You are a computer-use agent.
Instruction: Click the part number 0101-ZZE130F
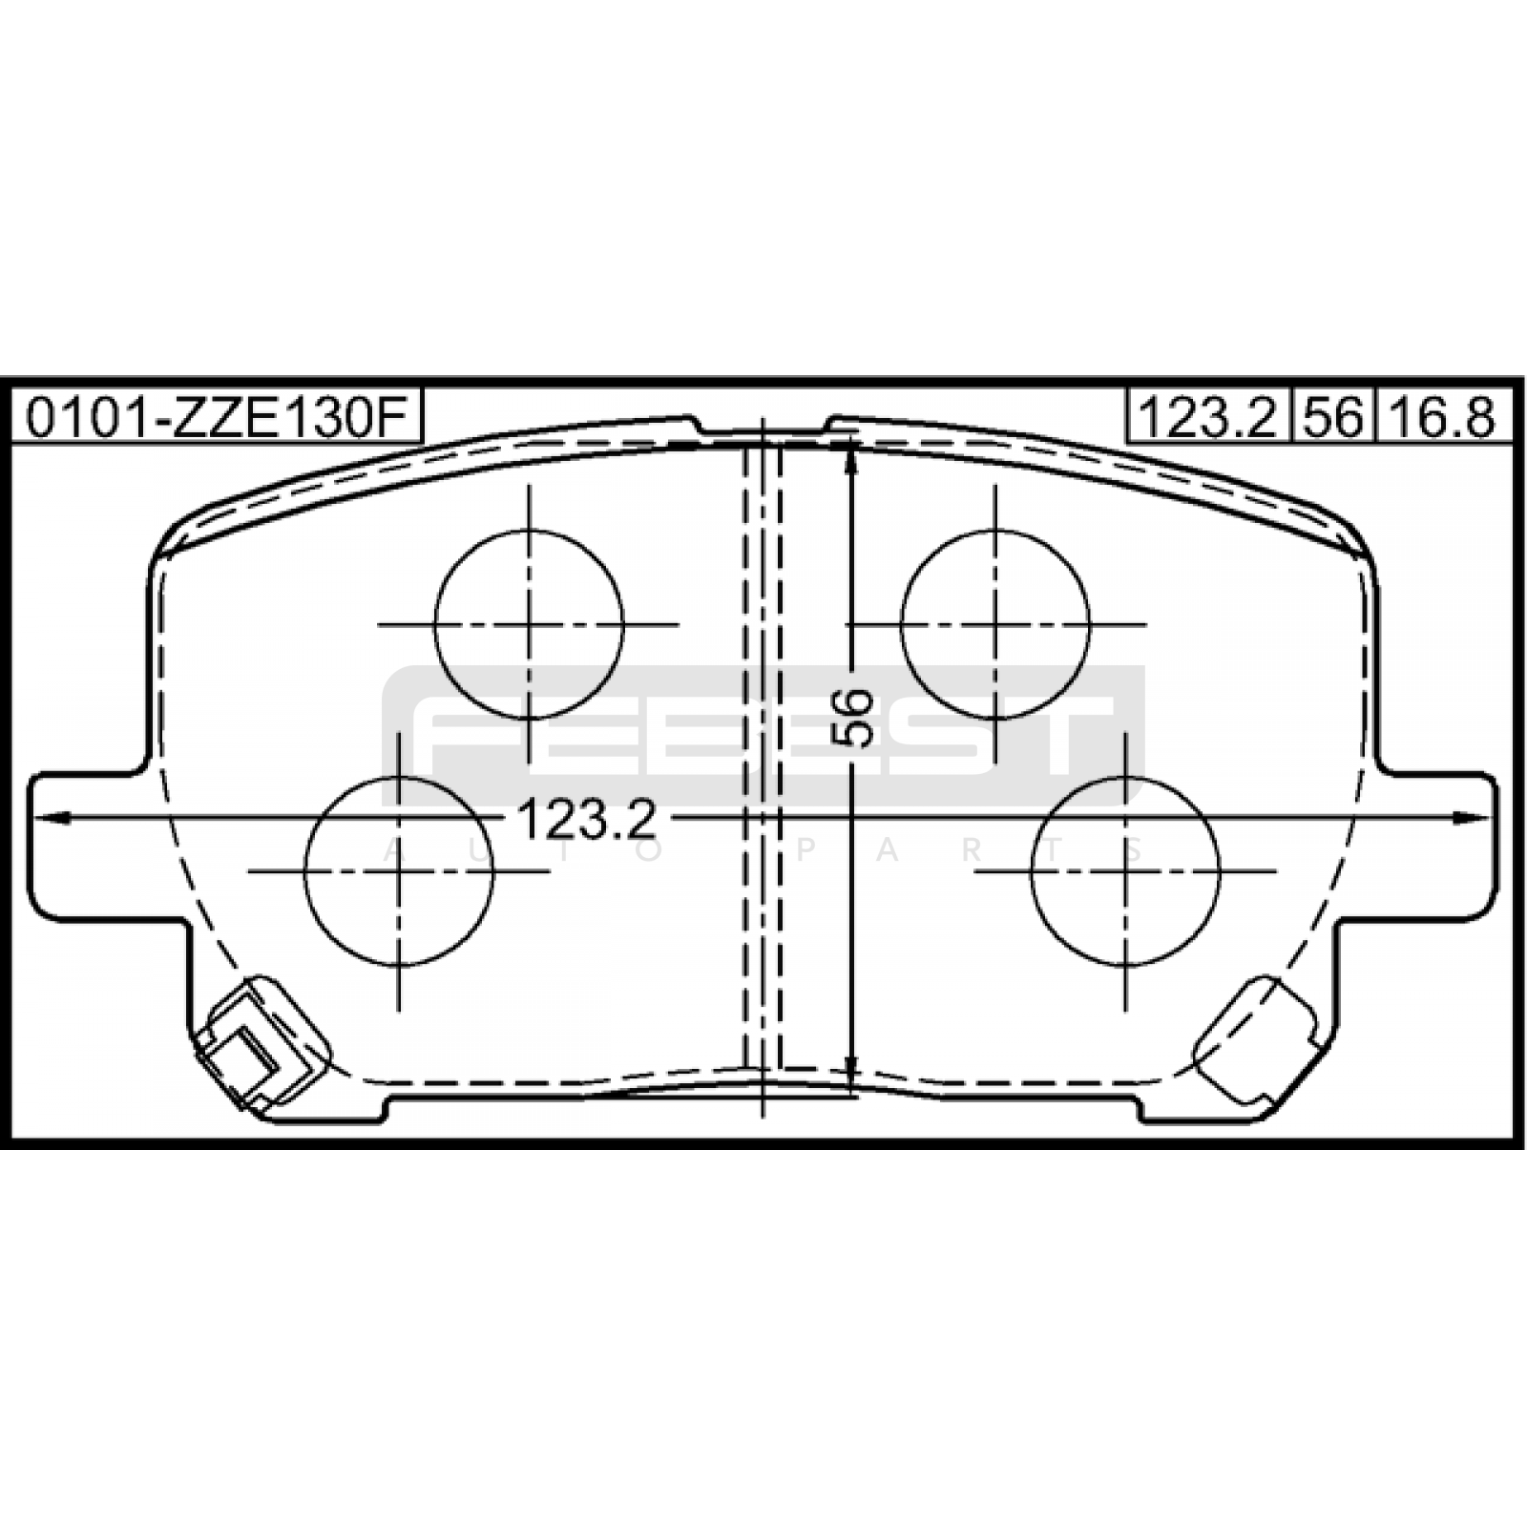216,417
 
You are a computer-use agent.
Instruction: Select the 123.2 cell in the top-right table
1208,417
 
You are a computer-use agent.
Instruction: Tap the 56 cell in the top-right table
1333,417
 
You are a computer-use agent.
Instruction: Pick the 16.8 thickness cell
1443,417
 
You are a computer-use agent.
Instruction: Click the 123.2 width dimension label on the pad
587,819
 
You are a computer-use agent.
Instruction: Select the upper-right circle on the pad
901,624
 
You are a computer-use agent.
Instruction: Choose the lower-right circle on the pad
1032,870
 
